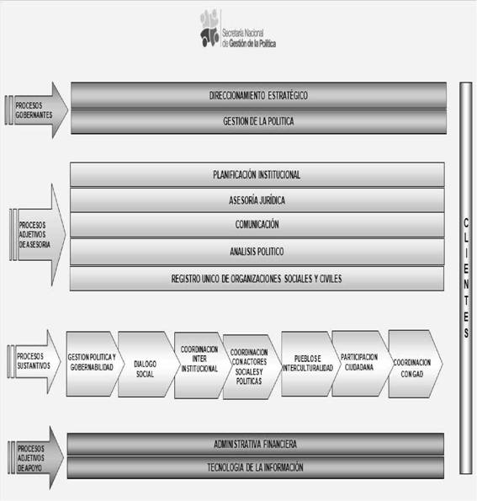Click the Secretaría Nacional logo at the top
[x=237, y=29]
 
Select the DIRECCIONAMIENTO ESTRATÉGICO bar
[x=258, y=95]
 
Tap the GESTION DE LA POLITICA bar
[x=258, y=121]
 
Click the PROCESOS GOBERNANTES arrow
[x=36, y=110]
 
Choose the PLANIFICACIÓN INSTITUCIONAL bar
[x=257, y=174]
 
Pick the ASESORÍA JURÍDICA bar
[x=257, y=200]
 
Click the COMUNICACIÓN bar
[x=257, y=225]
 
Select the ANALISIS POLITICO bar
[x=257, y=252]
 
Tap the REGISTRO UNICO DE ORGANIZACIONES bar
[x=257, y=279]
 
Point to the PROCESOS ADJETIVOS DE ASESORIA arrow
[x=37, y=235]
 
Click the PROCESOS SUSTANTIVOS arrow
[x=34, y=361]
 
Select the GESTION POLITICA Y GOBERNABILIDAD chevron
[x=93, y=364]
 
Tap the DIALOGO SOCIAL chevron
[x=146, y=365]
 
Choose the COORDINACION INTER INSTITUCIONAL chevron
[x=200, y=365]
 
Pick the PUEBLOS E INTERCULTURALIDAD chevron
[x=308, y=364]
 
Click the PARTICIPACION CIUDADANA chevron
[x=359, y=363]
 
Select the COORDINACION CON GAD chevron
[x=413, y=364]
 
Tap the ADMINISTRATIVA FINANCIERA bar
[x=256, y=444]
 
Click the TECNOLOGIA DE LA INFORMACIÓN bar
[x=256, y=467]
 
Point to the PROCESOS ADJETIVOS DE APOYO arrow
[x=35, y=458]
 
